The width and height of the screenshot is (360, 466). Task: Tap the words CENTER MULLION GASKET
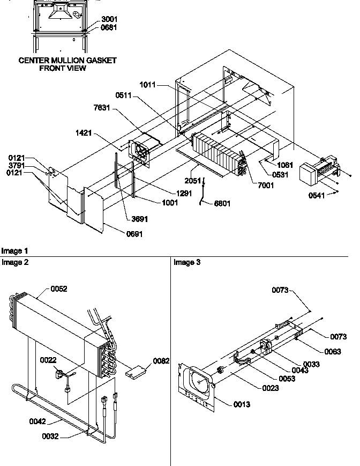[x=67, y=61]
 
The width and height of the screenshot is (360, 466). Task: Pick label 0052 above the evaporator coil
[x=59, y=289]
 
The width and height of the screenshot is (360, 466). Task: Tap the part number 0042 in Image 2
[x=37, y=421]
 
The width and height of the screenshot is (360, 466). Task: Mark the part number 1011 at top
[x=148, y=85]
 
